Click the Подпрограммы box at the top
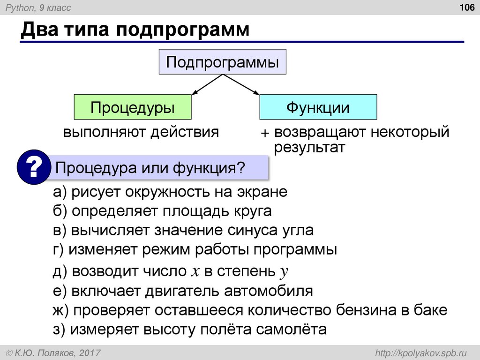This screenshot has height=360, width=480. coord(222,61)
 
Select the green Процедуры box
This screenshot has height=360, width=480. coord(133,107)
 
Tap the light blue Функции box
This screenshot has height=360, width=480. coord(318,107)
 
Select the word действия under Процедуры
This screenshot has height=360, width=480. coord(185,132)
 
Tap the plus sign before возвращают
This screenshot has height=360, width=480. coord(265,133)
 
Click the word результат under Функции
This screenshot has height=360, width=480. coord(309,148)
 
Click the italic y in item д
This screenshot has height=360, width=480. coord(283,272)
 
